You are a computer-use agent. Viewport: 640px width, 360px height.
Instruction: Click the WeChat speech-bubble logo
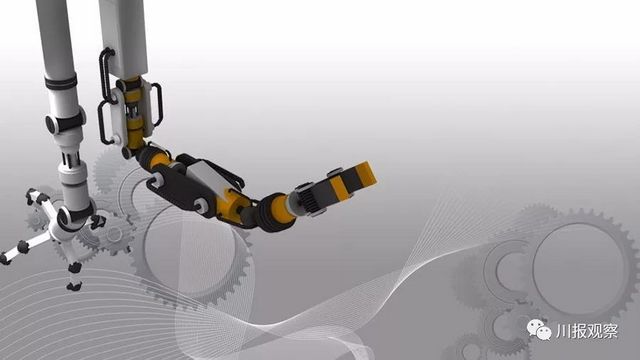(539, 330)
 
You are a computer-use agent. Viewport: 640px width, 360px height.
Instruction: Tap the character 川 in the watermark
(562, 331)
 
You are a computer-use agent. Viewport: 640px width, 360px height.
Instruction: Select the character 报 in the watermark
(578, 331)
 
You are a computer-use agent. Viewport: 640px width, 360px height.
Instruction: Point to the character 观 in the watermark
(594, 331)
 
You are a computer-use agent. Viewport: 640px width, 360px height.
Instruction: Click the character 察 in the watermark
(610, 331)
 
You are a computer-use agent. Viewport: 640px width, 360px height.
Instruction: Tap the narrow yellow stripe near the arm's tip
(340, 188)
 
